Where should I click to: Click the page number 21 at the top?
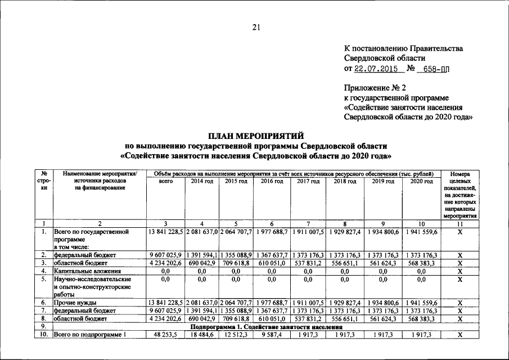[256, 28]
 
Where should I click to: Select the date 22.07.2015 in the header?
[376, 69]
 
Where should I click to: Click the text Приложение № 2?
[375, 88]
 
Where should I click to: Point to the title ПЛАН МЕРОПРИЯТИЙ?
[256, 136]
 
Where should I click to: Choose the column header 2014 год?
[202, 181]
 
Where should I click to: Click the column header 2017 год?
[308, 181]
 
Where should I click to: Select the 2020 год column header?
[421, 181]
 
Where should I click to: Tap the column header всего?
[165, 181]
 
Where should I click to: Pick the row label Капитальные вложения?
[83, 271]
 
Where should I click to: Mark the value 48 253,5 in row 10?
[165, 335]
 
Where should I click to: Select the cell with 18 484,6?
[202, 335]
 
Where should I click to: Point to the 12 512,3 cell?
[236, 335]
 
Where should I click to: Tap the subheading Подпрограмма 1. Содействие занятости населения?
[267, 327]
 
